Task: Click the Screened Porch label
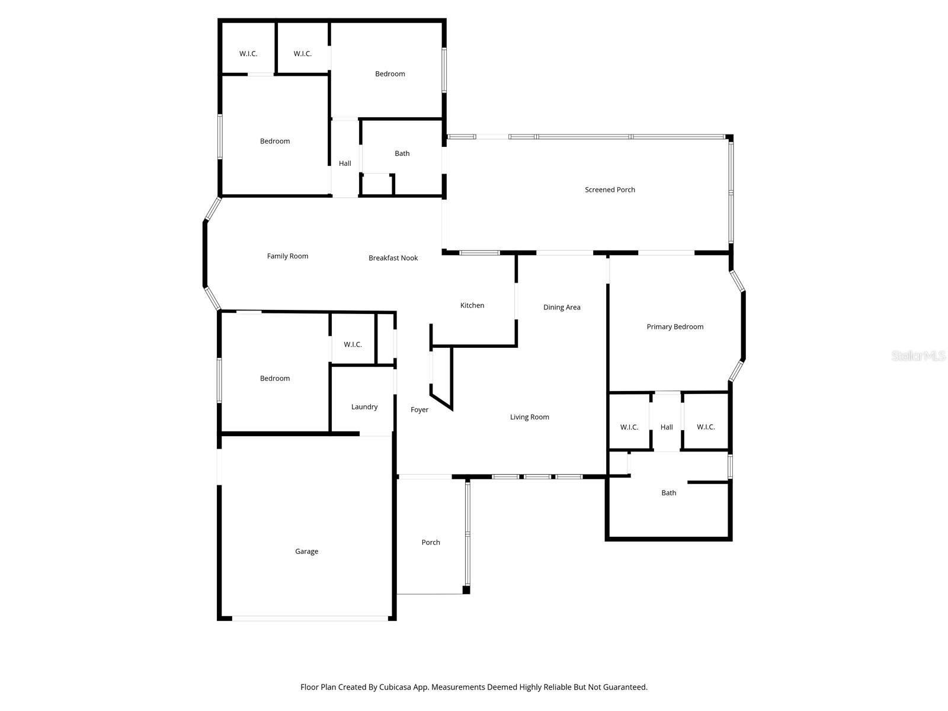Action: (610, 190)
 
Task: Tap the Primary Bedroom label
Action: (675, 326)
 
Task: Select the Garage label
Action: (306, 551)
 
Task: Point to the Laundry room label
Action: (364, 406)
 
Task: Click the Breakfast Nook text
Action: (393, 258)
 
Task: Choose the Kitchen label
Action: (472, 305)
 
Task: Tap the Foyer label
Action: (419, 409)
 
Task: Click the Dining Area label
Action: (562, 307)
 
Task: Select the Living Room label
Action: (529, 417)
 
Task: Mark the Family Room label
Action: (287, 256)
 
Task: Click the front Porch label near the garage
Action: (431, 542)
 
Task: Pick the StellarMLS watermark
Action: (919, 355)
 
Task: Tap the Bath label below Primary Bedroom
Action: (668, 492)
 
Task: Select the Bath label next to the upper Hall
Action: (402, 153)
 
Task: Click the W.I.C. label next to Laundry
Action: (353, 344)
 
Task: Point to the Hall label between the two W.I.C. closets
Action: (667, 427)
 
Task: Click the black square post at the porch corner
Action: (466, 590)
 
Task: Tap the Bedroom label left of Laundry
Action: (275, 378)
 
